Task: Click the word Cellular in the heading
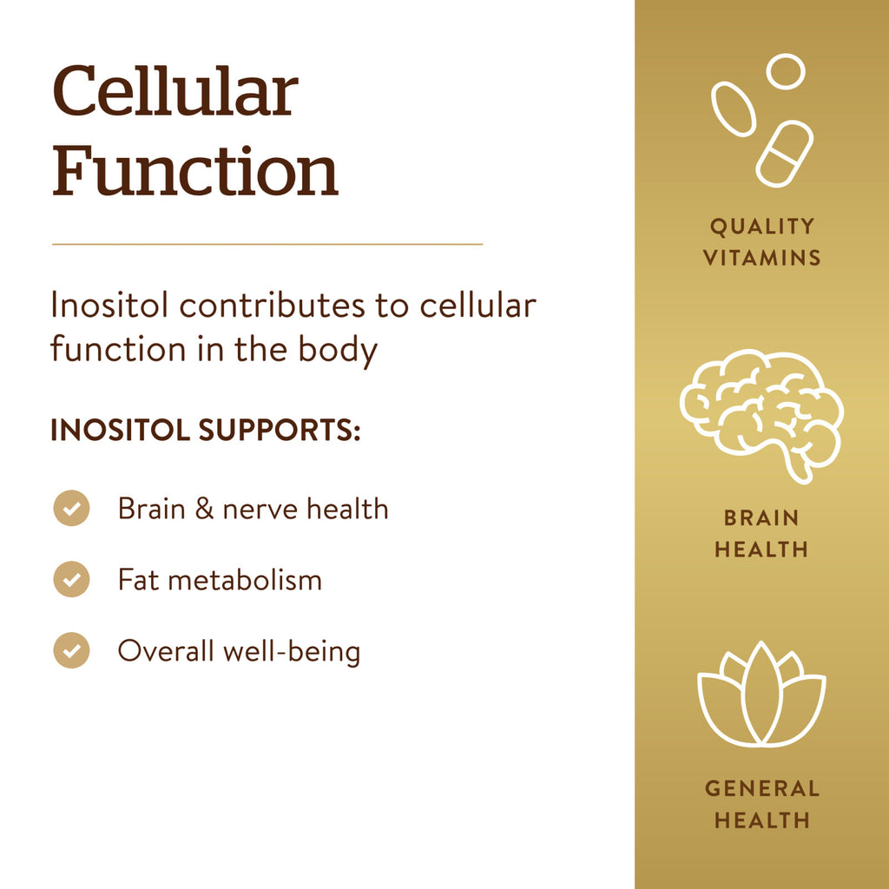coord(175,91)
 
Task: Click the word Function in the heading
coord(195,170)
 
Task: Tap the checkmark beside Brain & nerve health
coord(71,508)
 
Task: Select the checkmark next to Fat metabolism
coord(71,579)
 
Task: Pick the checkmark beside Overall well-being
coord(71,650)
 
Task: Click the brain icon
coord(761,416)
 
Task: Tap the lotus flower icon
coord(761,694)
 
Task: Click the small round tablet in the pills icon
coord(786,71)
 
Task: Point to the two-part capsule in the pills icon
coord(785,154)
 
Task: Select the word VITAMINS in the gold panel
coord(761,259)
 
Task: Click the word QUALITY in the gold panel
coord(761,227)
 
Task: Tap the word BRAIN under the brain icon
coord(761,517)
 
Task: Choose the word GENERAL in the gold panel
coord(761,788)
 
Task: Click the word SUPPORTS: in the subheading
coord(280,431)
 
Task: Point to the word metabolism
coord(245,579)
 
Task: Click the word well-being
coord(292,651)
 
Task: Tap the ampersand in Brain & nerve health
coord(204,509)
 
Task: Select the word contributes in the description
coord(272,306)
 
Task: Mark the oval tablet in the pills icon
coord(734,109)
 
